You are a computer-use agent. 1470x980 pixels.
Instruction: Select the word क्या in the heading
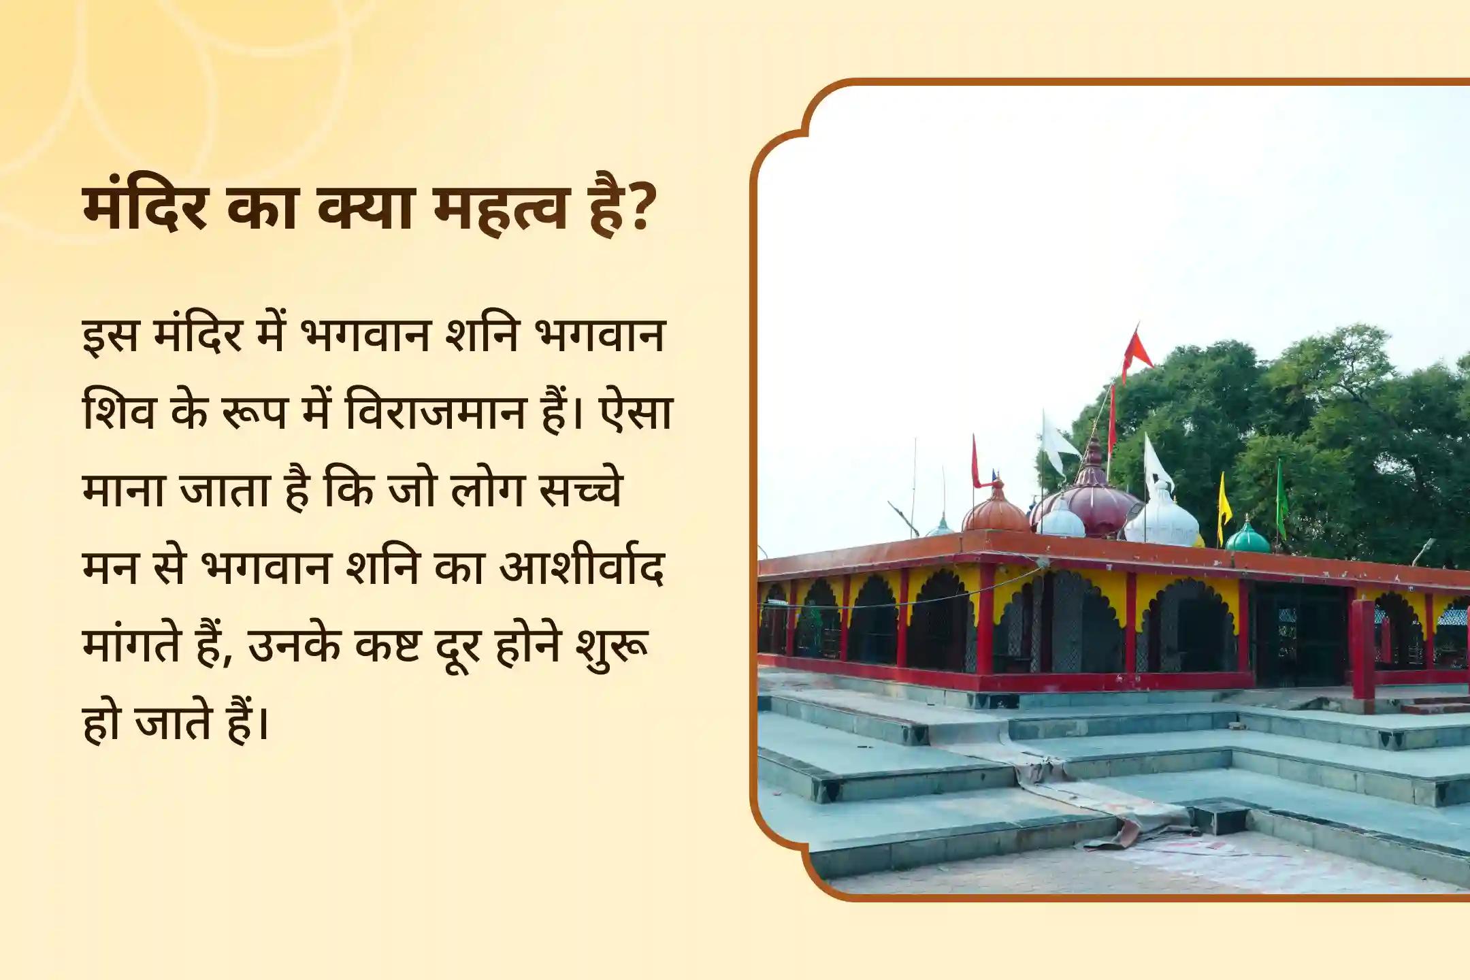pos(365,208)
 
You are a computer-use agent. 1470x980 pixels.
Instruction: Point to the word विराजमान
pos(435,413)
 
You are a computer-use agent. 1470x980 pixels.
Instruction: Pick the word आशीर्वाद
pos(582,567)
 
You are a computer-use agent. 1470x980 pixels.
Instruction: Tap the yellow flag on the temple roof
pos(1224,500)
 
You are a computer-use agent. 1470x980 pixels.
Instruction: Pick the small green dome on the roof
pos(1247,538)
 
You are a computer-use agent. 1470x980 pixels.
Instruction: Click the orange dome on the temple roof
pos(995,510)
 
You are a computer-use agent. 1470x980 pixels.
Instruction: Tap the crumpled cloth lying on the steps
pos(1116,810)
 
